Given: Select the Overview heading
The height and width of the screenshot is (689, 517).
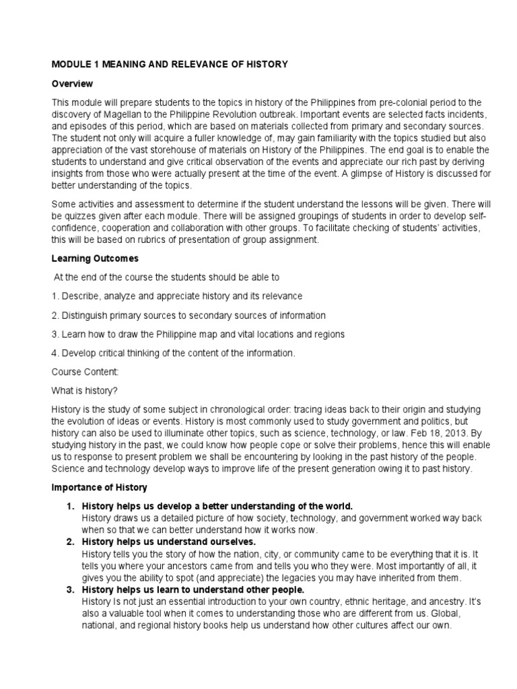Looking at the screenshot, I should point(71,83).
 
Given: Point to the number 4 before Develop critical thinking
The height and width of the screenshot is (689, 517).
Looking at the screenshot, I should point(54,353).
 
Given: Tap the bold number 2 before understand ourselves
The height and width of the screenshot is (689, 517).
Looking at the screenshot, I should point(69,541).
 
